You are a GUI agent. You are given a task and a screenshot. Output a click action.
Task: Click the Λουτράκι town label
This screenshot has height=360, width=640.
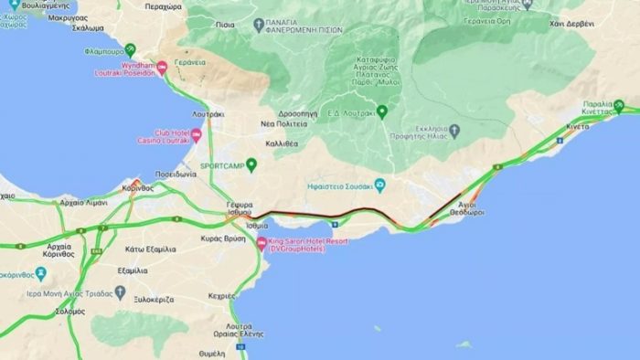[x=208, y=115]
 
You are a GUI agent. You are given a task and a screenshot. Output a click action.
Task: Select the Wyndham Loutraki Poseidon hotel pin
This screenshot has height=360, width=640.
[x=163, y=66]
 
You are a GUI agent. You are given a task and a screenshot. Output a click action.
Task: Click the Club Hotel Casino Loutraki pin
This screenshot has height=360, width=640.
[x=196, y=137]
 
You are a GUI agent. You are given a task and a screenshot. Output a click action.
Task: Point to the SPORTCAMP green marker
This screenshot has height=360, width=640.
[x=251, y=164]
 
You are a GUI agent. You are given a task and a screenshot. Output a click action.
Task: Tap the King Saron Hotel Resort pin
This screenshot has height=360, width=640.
[x=261, y=243]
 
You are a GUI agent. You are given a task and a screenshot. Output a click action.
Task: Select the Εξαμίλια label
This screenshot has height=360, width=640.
[x=133, y=271]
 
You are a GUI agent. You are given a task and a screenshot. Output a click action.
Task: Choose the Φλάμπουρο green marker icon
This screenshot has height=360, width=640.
[x=130, y=48]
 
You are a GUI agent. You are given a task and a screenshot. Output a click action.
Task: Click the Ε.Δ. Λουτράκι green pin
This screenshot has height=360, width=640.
[x=382, y=111]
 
